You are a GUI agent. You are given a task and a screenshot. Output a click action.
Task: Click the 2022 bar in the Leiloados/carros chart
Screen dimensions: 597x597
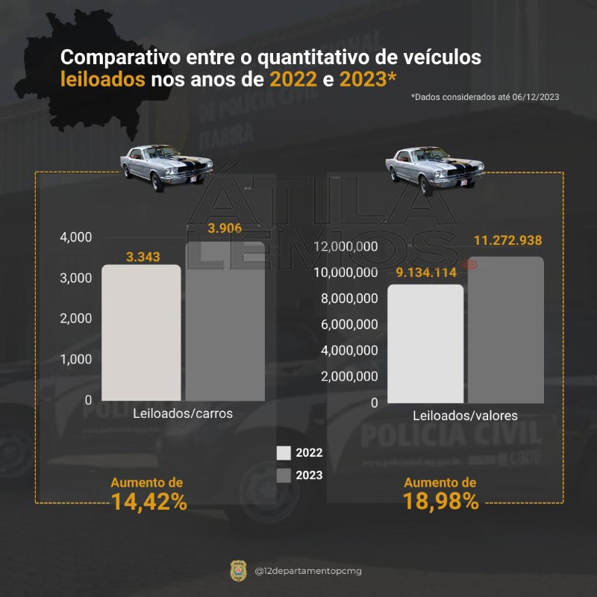point(141,333)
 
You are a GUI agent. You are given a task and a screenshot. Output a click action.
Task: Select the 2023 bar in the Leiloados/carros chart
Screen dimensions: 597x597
point(225,321)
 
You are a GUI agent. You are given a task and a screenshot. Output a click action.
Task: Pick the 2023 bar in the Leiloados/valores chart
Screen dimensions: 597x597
point(506,330)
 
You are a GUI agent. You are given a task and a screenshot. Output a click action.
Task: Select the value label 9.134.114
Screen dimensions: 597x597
point(425,272)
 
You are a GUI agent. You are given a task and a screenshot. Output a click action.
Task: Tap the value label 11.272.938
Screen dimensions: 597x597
point(507,240)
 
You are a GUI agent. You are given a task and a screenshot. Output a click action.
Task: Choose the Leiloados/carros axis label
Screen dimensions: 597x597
point(183,413)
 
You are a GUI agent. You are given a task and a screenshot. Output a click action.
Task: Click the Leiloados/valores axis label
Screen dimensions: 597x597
point(465,416)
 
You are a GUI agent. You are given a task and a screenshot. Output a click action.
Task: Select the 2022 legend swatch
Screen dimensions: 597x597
point(284,453)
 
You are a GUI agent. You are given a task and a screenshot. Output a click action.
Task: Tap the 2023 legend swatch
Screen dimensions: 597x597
point(284,475)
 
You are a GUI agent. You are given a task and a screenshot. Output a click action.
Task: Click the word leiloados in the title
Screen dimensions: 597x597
point(102,78)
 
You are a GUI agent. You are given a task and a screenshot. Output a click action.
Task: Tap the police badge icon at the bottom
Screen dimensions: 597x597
point(237,571)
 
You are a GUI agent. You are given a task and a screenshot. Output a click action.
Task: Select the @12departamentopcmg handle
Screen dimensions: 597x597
point(308,572)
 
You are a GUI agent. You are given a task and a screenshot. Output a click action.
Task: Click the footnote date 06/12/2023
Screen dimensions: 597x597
point(536,97)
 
